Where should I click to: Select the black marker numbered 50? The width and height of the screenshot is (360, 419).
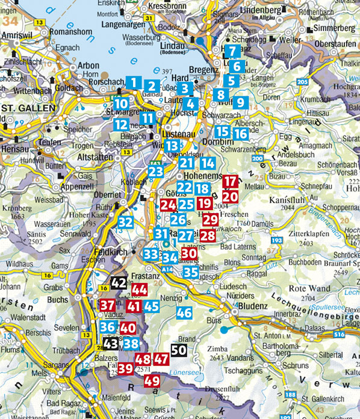178,349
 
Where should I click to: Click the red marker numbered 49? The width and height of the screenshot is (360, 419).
152,380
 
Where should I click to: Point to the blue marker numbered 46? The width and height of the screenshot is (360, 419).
184,312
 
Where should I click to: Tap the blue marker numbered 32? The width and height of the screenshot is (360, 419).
125,222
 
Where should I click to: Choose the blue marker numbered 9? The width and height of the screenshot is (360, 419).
240,102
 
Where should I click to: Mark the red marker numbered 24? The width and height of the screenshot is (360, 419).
168,205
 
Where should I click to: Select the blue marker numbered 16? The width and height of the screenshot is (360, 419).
240,134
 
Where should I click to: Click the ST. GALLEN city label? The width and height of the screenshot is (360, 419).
23,108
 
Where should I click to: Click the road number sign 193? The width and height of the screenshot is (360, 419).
277,241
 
